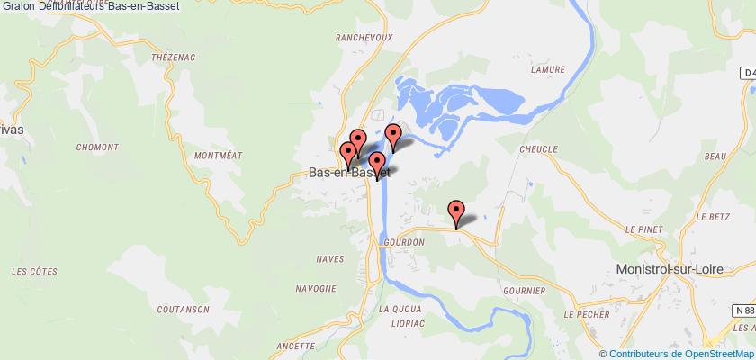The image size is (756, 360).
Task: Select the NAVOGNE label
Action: tap(315, 290)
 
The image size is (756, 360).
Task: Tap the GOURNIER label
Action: tap(525, 291)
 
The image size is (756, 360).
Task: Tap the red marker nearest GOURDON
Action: tap(457, 214)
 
